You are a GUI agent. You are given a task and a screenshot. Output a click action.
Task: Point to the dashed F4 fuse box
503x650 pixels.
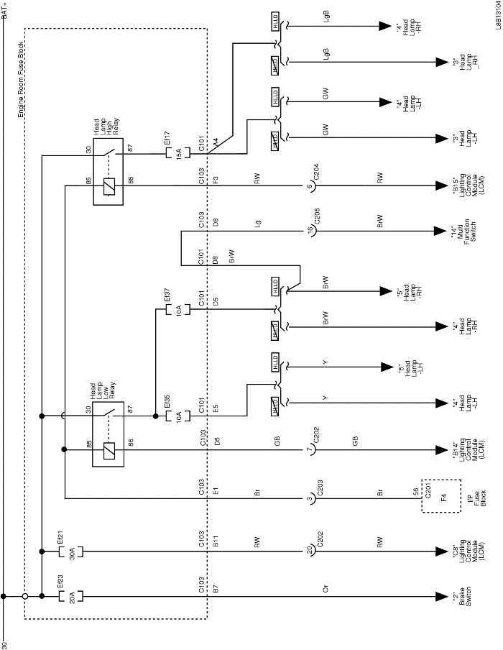440,496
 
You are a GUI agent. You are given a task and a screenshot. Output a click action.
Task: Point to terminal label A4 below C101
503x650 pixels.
216,145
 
